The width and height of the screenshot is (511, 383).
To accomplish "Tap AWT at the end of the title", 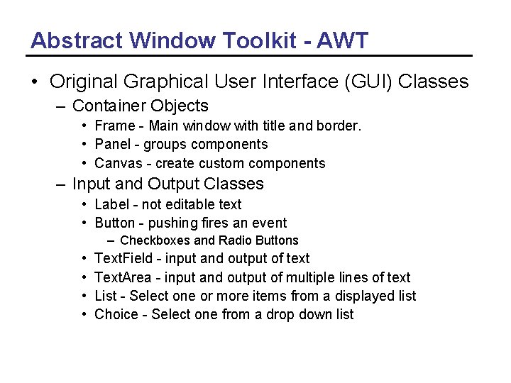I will pos(343,40).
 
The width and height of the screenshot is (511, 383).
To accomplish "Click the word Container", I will pos(109,106).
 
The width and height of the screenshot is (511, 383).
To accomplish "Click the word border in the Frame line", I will pos(339,126).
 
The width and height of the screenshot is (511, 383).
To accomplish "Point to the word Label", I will pos(111,204).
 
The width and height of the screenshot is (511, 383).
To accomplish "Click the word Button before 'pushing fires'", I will pos(114,223).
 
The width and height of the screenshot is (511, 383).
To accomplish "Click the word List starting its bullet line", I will pos(105,296).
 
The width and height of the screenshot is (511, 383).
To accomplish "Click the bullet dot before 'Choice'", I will pos(84,314).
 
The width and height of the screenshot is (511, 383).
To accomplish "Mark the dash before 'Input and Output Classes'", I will pos(62,184).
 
